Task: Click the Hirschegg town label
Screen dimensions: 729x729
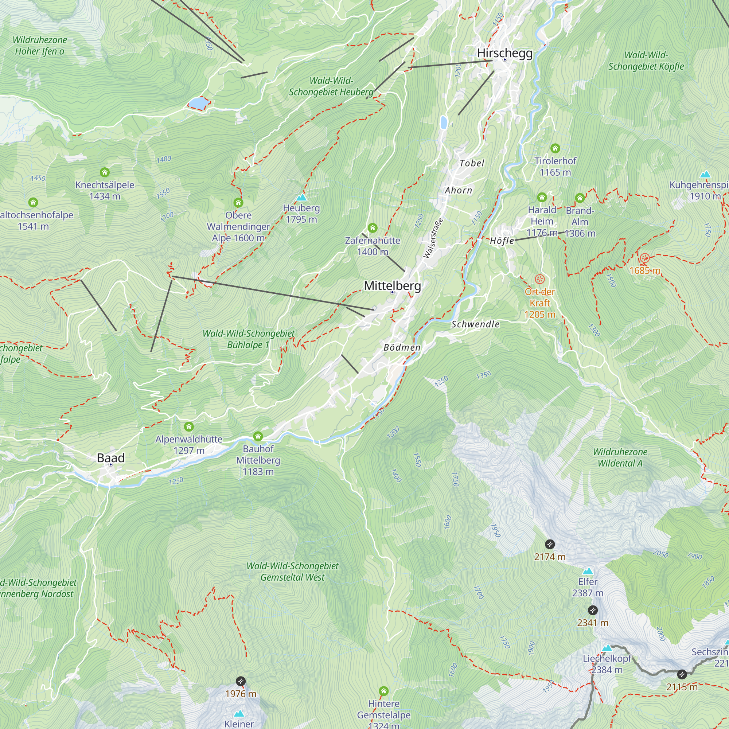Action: click(x=504, y=53)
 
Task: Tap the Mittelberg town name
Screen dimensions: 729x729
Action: click(x=392, y=286)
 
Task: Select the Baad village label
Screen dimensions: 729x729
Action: click(x=110, y=458)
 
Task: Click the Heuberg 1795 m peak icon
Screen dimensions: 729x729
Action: click(x=301, y=197)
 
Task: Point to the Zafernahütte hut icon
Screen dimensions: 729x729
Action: click(x=373, y=227)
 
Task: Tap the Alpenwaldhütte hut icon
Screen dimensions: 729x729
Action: click(x=189, y=427)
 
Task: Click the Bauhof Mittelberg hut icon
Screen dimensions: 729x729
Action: click(x=258, y=436)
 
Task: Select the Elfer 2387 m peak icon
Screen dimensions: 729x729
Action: click(x=588, y=571)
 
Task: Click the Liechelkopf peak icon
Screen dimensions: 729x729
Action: click(x=607, y=648)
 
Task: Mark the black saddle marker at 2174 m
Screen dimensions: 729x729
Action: click(x=550, y=544)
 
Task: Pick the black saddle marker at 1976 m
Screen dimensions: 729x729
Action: click(x=241, y=681)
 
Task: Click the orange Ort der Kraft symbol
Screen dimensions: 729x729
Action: click(x=540, y=279)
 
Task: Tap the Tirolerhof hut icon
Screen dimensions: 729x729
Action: click(x=555, y=148)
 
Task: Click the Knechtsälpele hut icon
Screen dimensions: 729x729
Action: click(x=105, y=172)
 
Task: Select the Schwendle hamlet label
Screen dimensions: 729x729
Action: click(x=475, y=324)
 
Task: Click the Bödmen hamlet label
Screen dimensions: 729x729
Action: click(x=402, y=347)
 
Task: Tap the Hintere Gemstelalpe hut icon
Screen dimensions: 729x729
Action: click(x=384, y=691)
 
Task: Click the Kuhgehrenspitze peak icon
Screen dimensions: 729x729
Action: click(x=705, y=174)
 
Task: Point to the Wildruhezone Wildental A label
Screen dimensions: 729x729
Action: click(x=620, y=457)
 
